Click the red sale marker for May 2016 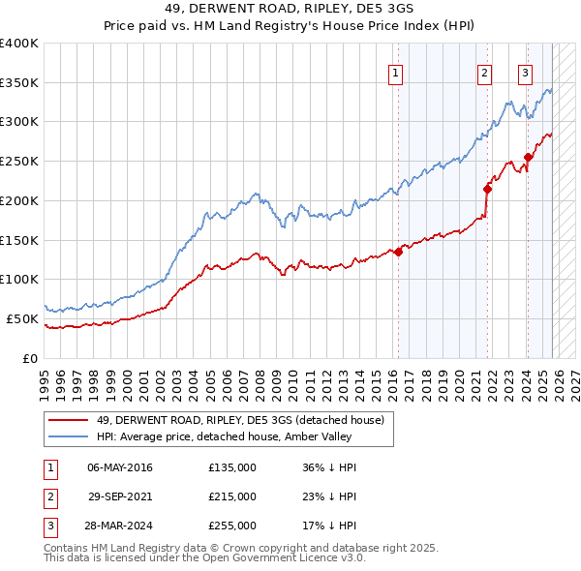398,252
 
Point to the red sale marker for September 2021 487,189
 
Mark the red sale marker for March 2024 528,158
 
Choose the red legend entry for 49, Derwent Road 240,420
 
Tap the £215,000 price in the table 232,496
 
